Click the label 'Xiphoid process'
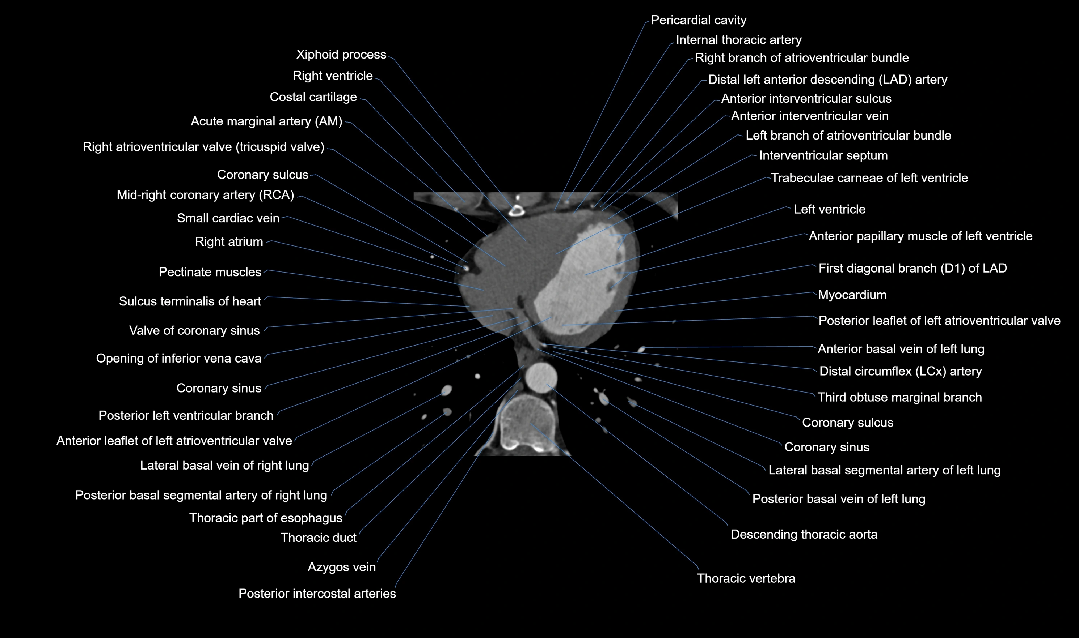341,55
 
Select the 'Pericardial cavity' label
698,20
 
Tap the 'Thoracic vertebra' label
746,578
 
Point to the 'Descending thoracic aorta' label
804,534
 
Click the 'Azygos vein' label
341,567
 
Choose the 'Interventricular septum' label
823,156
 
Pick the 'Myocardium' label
852,295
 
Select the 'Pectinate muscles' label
210,272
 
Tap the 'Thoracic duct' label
319,538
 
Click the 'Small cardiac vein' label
228,218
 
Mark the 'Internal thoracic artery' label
738,40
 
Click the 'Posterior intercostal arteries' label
317,594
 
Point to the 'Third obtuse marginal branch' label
899,397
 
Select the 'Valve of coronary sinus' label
194,331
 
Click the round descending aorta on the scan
542,377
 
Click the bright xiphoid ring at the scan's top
516,211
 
